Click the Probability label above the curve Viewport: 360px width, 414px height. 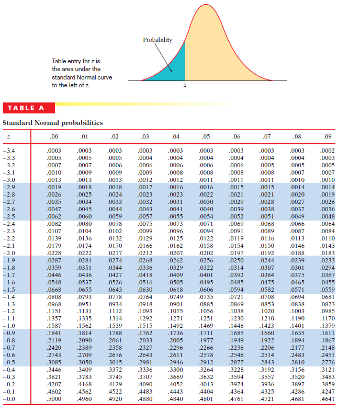click(x=157, y=40)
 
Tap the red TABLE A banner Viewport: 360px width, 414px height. click(x=29, y=108)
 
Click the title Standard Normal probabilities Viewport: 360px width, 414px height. click(x=53, y=123)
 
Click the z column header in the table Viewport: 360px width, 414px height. click(x=9, y=137)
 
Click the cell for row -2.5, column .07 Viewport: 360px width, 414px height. click(x=267, y=216)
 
